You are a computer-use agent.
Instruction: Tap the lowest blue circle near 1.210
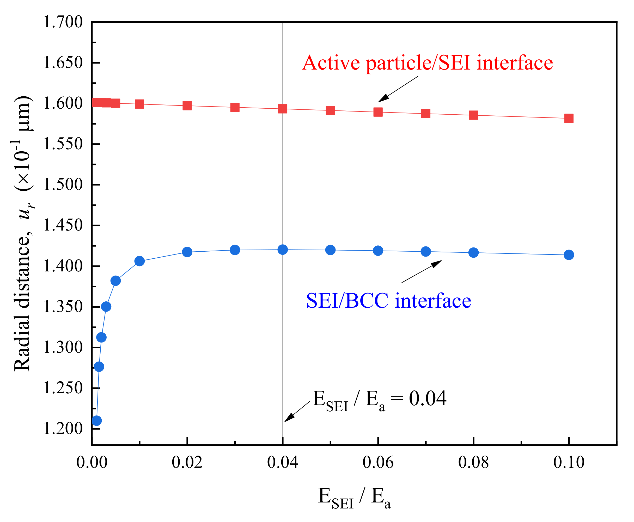[96, 420]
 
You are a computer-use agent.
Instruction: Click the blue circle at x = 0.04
[283, 250]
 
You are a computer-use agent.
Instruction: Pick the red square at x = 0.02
[187, 105]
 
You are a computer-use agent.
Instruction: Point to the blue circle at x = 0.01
[139, 261]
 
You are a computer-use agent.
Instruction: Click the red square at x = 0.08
[473, 115]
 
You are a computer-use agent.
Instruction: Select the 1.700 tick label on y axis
[63, 22]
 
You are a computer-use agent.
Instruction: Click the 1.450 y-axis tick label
[63, 225]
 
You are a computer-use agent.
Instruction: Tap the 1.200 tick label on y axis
[63, 428]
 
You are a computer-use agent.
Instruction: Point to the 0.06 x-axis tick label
[378, 462]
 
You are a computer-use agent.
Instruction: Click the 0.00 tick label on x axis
[92, 462]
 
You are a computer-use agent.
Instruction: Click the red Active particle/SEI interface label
[427, 63]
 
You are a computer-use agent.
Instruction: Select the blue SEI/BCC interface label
[388, 301]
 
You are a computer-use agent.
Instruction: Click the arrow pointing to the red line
[398, 89]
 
